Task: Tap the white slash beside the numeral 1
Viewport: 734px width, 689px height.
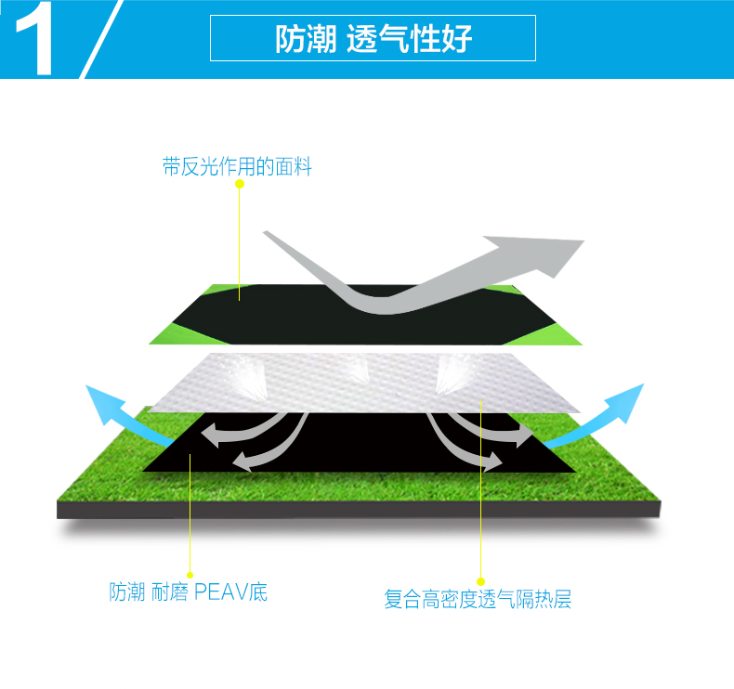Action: pos(101,39)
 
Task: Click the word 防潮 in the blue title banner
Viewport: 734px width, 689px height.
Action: pos(303,40)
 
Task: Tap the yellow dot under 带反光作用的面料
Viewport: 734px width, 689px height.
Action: pos(240,184)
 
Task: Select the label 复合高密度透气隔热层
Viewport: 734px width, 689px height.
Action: pos(478,600)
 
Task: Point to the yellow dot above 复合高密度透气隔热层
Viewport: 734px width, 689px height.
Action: pos(481,582)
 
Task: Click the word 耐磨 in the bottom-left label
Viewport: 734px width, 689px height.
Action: pos(169,592)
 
